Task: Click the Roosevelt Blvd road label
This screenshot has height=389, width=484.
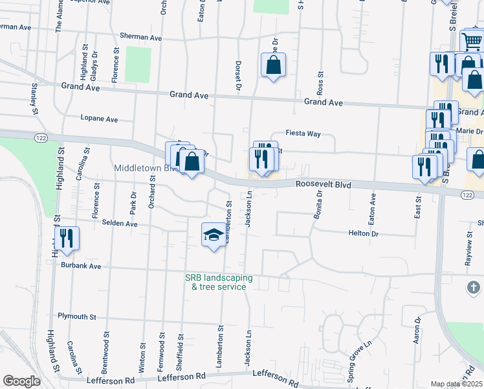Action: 324,185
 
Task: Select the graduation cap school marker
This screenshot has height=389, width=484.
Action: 214,235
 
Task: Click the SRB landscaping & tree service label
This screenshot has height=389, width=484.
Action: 219,282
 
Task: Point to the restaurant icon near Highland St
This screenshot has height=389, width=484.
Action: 67,238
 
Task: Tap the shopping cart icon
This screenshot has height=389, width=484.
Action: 472,42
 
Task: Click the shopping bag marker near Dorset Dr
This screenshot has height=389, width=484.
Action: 273,65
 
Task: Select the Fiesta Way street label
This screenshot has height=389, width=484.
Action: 305,134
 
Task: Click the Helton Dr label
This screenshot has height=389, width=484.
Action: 363,233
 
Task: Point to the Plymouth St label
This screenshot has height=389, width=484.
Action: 77,317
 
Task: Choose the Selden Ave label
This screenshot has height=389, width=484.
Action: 120,224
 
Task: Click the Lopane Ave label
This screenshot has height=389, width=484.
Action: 99,119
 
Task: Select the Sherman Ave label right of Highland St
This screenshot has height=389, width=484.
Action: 140,38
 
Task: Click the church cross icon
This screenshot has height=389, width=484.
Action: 474,287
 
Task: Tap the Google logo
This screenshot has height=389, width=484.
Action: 21,381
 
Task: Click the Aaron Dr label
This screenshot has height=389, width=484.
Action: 417,331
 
